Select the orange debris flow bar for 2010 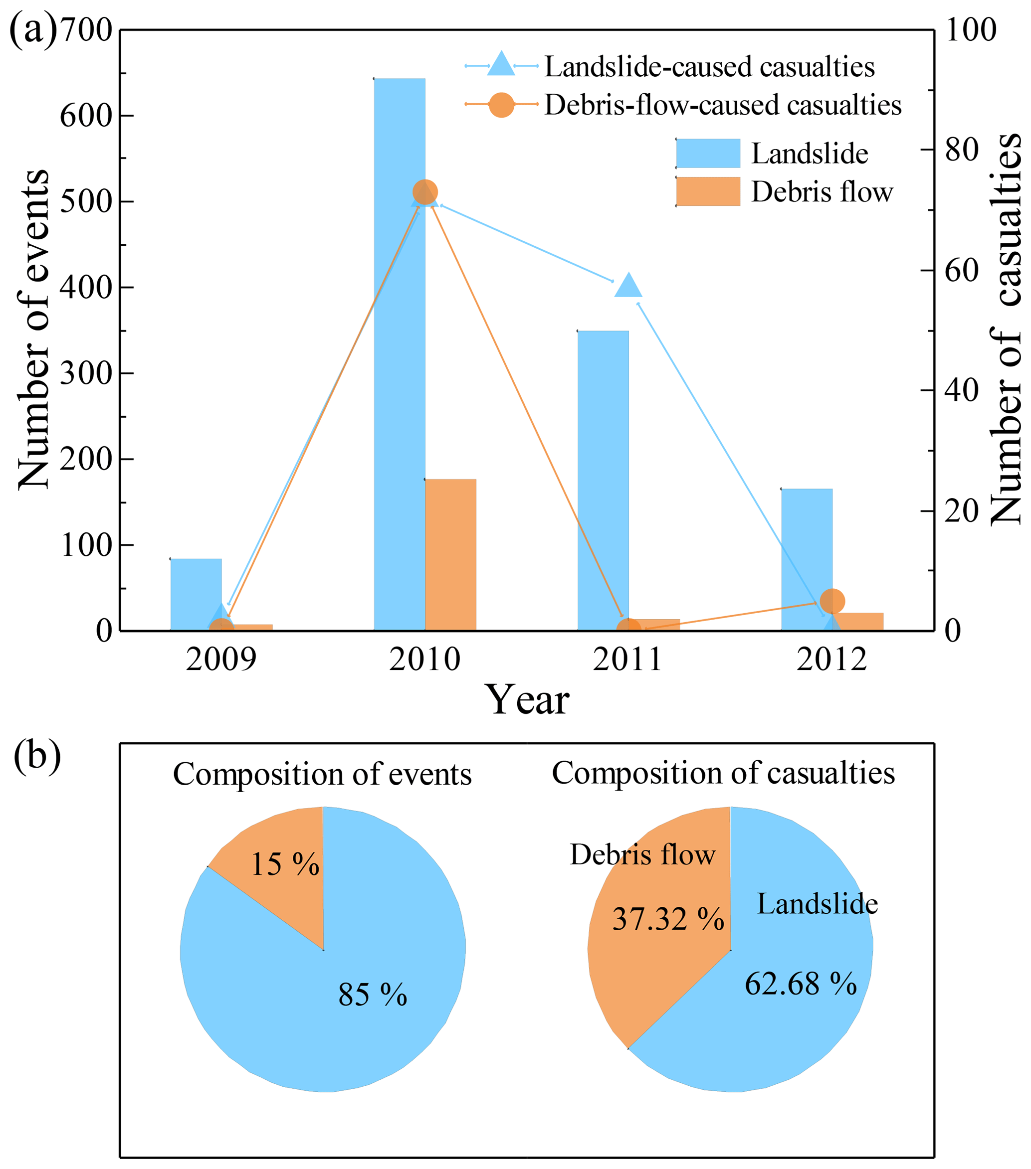coord(450,555)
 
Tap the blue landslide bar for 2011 coord(603,481)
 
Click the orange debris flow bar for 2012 coord(858,622)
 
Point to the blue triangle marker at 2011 coord(628,286)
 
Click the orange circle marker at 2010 coord(425,191)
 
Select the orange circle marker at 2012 coord(832,601)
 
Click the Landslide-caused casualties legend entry coord(709,67)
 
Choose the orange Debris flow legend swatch coord(708,191)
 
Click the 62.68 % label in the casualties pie coord(801,984)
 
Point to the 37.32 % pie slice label coord(668,919)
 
